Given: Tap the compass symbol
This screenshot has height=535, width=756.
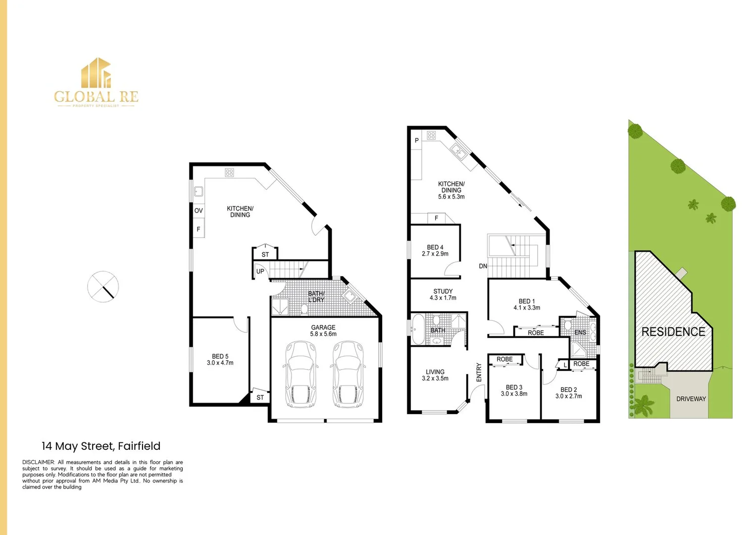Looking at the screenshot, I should (103, 286).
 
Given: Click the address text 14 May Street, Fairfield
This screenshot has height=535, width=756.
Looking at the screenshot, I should (101, 446).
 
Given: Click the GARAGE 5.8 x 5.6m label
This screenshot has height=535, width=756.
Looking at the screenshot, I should (323, 330).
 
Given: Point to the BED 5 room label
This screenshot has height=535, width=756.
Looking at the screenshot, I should (220, 359).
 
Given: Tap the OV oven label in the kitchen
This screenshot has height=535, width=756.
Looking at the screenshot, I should (199, 211).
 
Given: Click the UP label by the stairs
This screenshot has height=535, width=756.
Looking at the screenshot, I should (260, 271).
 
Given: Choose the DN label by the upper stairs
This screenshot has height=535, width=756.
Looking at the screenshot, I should (483, 266).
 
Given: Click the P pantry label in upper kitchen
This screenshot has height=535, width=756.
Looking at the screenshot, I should (417, 141).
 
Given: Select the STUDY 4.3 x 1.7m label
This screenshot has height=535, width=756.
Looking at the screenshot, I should (443, 295).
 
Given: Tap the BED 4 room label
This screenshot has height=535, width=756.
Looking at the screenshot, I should (435, 250).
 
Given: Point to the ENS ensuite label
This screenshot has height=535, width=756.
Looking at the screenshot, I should (580, 332).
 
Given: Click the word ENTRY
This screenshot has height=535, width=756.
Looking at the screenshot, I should (479, 372).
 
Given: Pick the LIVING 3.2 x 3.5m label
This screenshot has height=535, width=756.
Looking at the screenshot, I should (435, 375).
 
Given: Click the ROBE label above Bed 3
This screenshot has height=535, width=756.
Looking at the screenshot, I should (504, 359).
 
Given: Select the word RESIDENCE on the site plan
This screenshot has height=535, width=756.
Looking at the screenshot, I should (673, 332).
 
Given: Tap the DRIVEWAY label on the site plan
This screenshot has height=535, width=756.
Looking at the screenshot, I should (691, 399).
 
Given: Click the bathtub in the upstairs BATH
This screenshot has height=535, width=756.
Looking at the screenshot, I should (418, 329).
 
